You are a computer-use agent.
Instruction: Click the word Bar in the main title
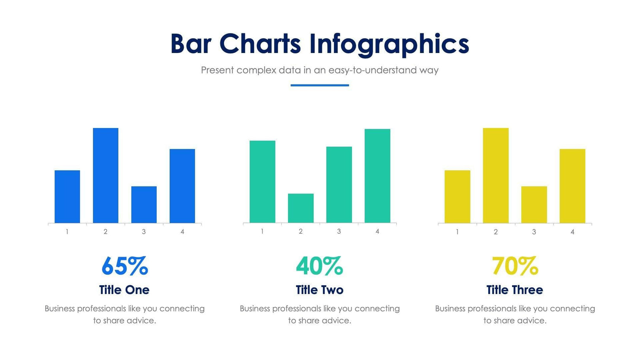190,44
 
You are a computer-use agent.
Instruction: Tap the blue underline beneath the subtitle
320,85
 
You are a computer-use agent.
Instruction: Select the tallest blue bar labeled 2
105,175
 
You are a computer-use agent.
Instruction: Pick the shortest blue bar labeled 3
144,205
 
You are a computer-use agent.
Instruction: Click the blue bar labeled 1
67,197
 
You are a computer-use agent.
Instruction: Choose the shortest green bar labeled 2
301,208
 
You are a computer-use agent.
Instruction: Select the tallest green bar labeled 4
377,176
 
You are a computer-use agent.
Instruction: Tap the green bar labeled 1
262,182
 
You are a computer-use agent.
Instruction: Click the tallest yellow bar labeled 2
495,175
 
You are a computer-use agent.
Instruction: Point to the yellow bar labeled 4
572,186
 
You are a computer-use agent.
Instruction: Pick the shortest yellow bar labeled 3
534,205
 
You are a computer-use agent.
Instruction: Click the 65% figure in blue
124,266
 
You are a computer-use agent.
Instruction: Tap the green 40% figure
319,266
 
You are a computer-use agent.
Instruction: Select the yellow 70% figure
514,266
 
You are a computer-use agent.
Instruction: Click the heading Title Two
320,290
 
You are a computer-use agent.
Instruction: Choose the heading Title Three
514,290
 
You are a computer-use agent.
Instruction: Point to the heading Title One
124,290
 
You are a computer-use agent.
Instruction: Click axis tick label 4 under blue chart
182,232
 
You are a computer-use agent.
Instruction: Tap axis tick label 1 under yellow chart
457,232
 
